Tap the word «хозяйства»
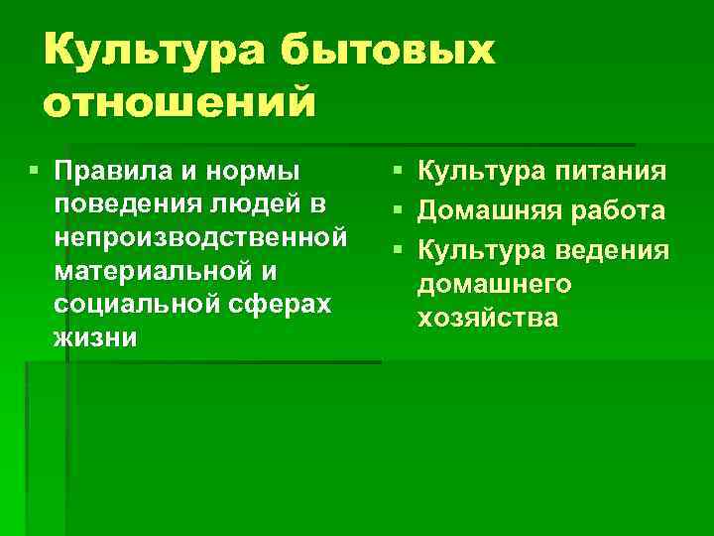click(x=489, y=320)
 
